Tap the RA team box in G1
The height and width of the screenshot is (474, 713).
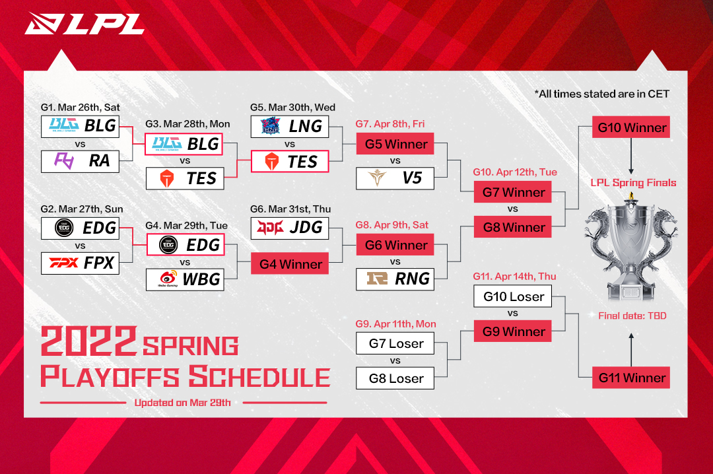tap(81, 161)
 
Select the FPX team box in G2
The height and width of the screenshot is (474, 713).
tap(81, 263)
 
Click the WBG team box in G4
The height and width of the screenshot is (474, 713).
tap(184, 279)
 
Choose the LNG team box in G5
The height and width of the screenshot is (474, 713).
tap(290, 126)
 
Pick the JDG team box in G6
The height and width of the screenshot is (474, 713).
tap(290, 228)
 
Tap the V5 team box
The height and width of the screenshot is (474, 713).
tap(395, 178)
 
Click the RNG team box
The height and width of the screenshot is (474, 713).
tap(395, 279)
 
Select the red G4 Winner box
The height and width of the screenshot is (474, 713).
tap(290, 264)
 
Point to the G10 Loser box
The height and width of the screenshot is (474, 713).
tap(513, 296)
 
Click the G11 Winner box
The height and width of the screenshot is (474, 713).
tap(631, 378)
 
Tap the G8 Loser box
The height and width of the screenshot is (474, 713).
tap(395, 378)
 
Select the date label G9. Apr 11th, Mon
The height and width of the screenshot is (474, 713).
tap(395, 324)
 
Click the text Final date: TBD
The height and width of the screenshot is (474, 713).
tap(632, 316)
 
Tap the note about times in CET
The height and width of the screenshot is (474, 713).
tap(601, 94)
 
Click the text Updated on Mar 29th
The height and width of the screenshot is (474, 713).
tap(182, 403)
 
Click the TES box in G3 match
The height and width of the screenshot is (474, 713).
tap(184, 178)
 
